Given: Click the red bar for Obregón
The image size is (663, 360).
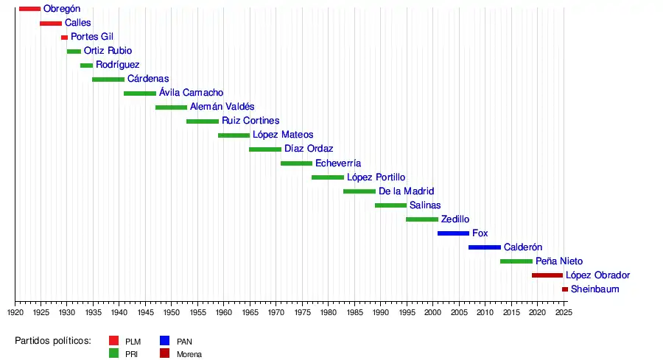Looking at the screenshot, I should [29, 9].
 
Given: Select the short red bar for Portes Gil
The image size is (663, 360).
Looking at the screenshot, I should [64, 37].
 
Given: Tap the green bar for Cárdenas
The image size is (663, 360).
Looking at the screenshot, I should [108, 79].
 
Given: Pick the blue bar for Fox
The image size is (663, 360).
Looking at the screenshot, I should [453, 233].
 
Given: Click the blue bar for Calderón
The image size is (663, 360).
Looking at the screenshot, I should [485, 247].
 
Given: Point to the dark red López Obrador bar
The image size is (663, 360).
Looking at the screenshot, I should [547, 275].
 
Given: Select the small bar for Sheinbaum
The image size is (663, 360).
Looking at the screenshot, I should [565, 289].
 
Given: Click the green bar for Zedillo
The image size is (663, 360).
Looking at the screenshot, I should [422, 219].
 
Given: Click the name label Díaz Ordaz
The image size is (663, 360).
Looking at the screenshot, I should [309, 149].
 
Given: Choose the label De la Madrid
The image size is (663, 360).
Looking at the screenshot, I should [406, 191].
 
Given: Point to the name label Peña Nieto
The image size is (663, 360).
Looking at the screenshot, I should [558, 261].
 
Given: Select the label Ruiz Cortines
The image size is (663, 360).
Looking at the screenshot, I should [250, 121].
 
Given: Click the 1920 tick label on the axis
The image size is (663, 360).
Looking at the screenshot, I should [15, 313].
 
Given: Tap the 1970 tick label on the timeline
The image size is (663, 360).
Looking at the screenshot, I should [276, 313].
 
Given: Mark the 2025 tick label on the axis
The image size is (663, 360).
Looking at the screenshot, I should [563, 313].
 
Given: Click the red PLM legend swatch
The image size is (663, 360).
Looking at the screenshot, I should [114, 341].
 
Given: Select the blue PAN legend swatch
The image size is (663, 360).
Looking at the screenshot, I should [165, 341].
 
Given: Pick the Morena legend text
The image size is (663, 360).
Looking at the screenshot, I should [189, 354].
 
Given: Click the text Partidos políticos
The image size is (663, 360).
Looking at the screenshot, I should [53, 341].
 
